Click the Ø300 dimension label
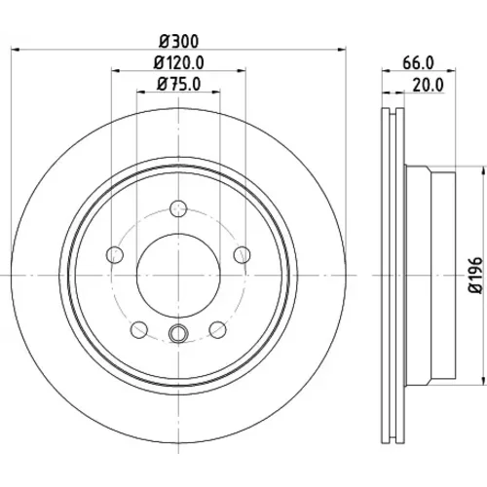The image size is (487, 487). click(178, 42)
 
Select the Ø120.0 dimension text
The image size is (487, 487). click(178, 62)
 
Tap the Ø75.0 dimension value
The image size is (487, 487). click(179, 84)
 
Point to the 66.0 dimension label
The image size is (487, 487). click(418, 62)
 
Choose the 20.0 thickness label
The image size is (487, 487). click(428, 86)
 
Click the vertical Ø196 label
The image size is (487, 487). click(476, 276)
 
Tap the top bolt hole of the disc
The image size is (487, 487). click(178, 208)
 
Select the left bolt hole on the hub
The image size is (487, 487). click(115, 254)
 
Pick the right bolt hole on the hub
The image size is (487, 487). click(243, 254)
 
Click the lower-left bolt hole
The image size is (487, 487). click(139, 329)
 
